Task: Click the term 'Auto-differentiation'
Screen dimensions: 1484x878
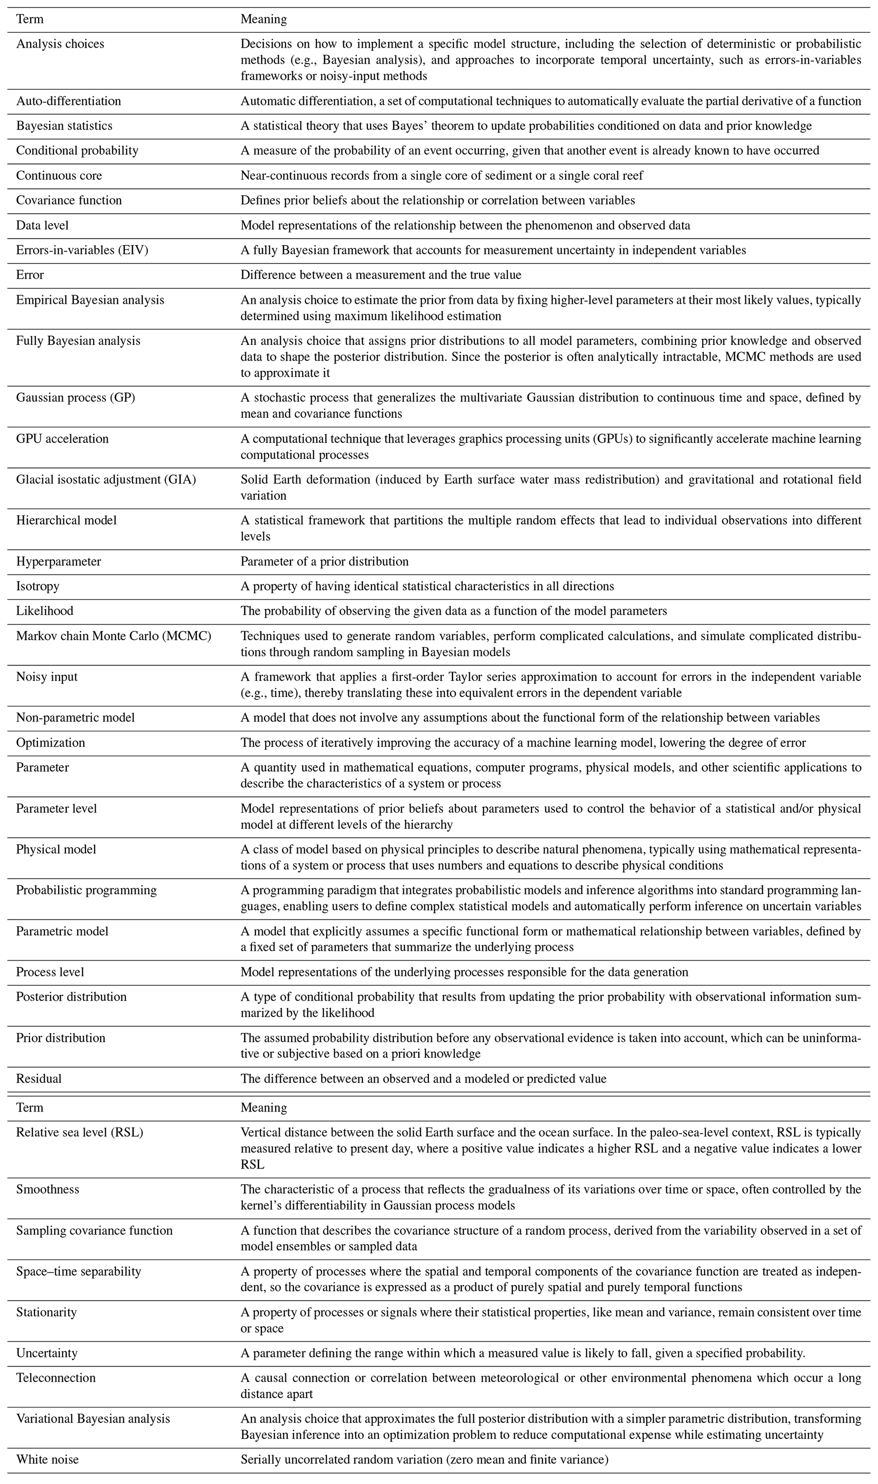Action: (69, 101)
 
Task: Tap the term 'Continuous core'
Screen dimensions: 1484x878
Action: (59, 176)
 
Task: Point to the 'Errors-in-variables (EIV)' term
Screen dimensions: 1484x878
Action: (82, 250)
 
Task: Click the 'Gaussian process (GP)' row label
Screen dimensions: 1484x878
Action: (76, 398)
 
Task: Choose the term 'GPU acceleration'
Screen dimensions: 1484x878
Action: (63, 439)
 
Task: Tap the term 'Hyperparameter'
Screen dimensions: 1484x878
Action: (59, 562)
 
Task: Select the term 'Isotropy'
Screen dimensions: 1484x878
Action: (38, 587)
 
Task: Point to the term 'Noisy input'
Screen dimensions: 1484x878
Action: (47, 677)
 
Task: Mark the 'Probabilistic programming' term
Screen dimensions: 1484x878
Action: (86, 890)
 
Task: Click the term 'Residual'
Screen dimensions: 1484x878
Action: (39, 1078)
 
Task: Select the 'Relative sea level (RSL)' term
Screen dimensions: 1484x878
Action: (80, 1132)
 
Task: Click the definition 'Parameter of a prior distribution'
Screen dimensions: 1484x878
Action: (324, 562)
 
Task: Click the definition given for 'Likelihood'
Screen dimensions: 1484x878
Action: (454, 611)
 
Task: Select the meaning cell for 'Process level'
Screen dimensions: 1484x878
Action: (464, 972)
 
